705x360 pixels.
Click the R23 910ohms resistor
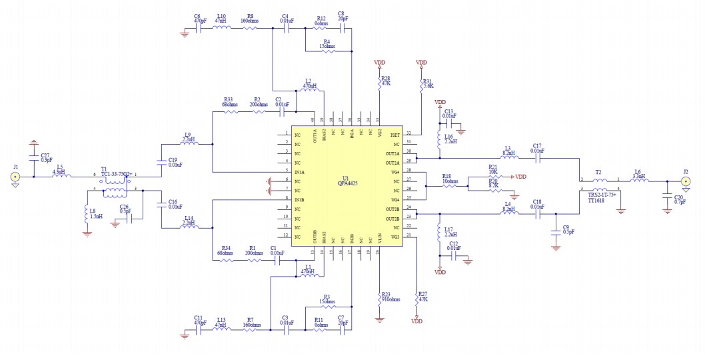click(x=379, y=298)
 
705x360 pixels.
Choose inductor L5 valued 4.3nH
click(x=60, y=177)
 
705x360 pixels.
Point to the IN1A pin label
click(x=299, y=173)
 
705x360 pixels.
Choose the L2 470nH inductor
click(x=309, y=91)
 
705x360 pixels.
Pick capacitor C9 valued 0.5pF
click(x=555, y=231)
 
